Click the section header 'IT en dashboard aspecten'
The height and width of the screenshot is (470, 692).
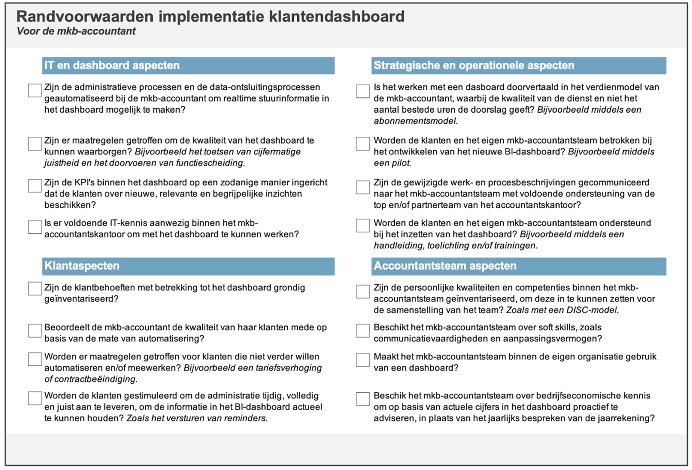[112, 66]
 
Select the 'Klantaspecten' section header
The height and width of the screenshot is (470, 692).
[82, 266]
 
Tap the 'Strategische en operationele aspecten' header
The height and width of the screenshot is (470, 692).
[474, 66]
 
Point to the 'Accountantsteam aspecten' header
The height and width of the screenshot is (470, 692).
[445, 266]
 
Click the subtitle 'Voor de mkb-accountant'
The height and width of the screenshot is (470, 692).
[76, 31]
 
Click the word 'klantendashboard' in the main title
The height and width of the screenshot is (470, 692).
[337, 17]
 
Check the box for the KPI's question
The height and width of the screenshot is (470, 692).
[35, 186]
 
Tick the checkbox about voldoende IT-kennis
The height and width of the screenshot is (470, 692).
[35, 226]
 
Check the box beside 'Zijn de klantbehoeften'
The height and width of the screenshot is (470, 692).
[35, 288]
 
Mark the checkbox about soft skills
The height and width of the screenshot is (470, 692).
[363, 331]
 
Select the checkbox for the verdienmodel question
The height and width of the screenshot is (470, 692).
[363, 91]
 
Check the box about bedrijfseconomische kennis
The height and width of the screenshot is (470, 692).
[363, 399]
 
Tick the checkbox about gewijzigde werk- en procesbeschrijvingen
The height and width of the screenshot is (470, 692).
[363, 187]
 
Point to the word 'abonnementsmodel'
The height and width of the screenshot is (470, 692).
[415, 121]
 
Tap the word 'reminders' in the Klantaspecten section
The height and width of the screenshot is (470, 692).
[245, 418]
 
